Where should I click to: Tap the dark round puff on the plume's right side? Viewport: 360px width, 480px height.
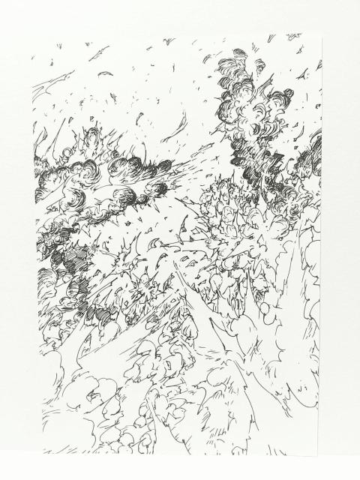click(x=286, y=96)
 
